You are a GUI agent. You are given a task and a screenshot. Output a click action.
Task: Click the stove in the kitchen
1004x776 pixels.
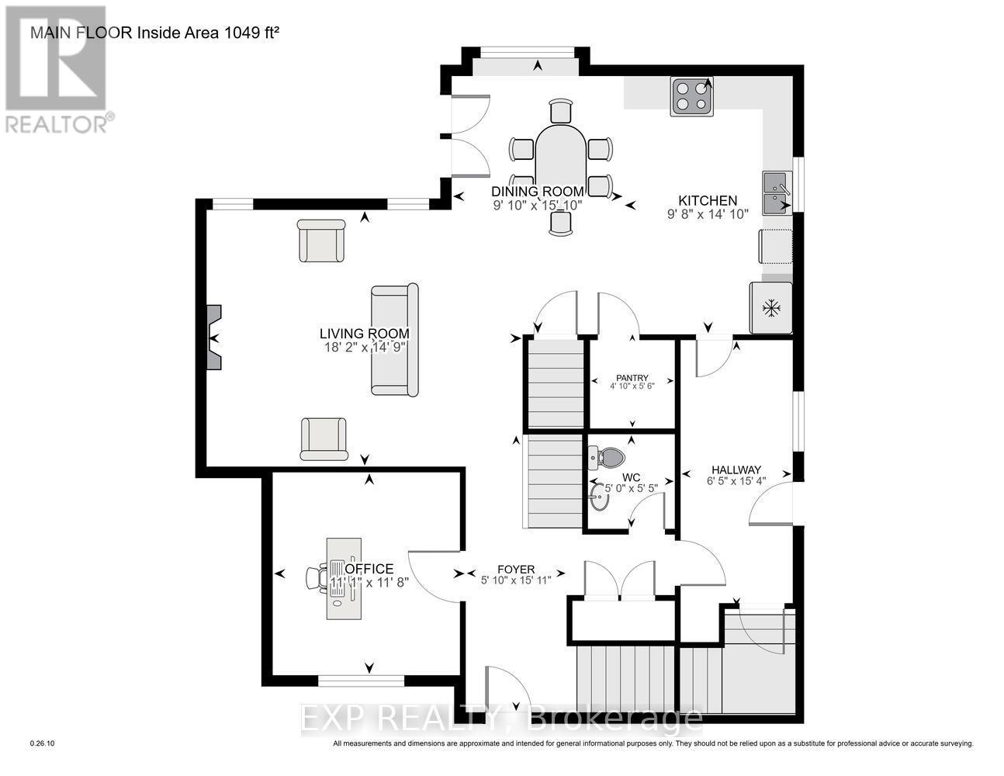pyautogui.click(x=692, y=98)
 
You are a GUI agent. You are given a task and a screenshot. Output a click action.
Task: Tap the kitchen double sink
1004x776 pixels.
pyautogui.click(x=777, y=193)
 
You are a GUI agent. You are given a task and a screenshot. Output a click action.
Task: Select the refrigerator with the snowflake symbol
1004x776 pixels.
pyautogui.click(x=770, y=308)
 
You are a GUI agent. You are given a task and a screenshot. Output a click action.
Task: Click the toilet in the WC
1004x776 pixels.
pyautogui.click(x=607, y=457)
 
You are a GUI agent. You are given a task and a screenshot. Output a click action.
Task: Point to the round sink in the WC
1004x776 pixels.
pyautogui.click(x=599, y=497)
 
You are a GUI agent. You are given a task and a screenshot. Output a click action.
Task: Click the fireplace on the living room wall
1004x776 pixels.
pyautogui.click(x=213, y=338)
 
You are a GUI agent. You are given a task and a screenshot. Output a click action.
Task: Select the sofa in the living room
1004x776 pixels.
pyautogui.click(x=394, y=340)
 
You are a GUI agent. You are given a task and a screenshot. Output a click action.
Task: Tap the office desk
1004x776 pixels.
pyautogui.click(x=342, y=577)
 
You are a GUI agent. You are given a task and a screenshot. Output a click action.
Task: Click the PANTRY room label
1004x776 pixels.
pyautogui.click(x=633, y=378)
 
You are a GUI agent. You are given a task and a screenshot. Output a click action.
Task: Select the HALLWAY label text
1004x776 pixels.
pyautogui.click(x=736, y=469)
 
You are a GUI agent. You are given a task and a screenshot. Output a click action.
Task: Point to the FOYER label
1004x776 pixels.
pyautogui.click(x=516, y=569)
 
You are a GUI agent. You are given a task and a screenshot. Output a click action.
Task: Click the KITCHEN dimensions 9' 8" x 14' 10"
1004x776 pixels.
pyautogui.click(x=708, y=214)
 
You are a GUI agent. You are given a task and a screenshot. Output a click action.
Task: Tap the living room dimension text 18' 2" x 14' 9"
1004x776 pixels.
pyautogui.click(x=364, y=348)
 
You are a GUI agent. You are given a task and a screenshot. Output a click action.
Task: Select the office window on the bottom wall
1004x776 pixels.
pyautogui.click(x=361, y=681)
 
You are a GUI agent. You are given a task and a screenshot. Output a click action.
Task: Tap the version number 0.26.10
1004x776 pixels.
pyautogui.click(x=42, y=743)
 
